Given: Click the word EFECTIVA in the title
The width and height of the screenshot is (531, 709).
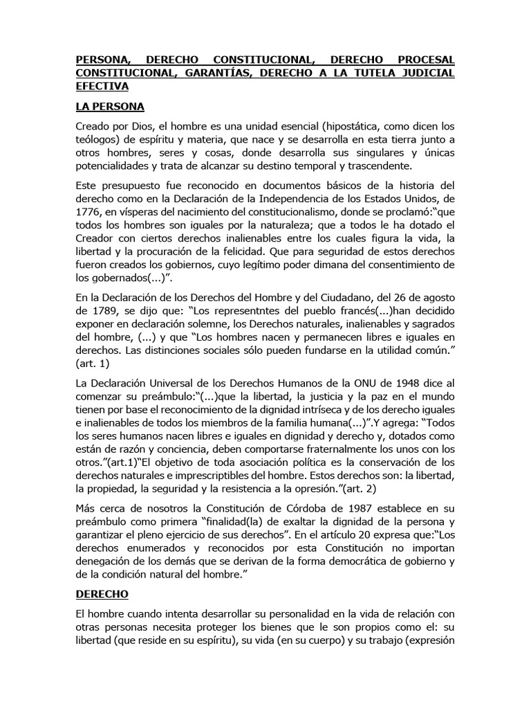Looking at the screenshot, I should (x=102, y=87).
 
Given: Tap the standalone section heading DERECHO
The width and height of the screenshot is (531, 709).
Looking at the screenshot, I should (x=103, y=594).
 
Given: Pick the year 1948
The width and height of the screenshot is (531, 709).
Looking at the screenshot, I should (x=410, y=383).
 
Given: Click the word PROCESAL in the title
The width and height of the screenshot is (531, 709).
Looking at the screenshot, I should (x=423, y=60).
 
